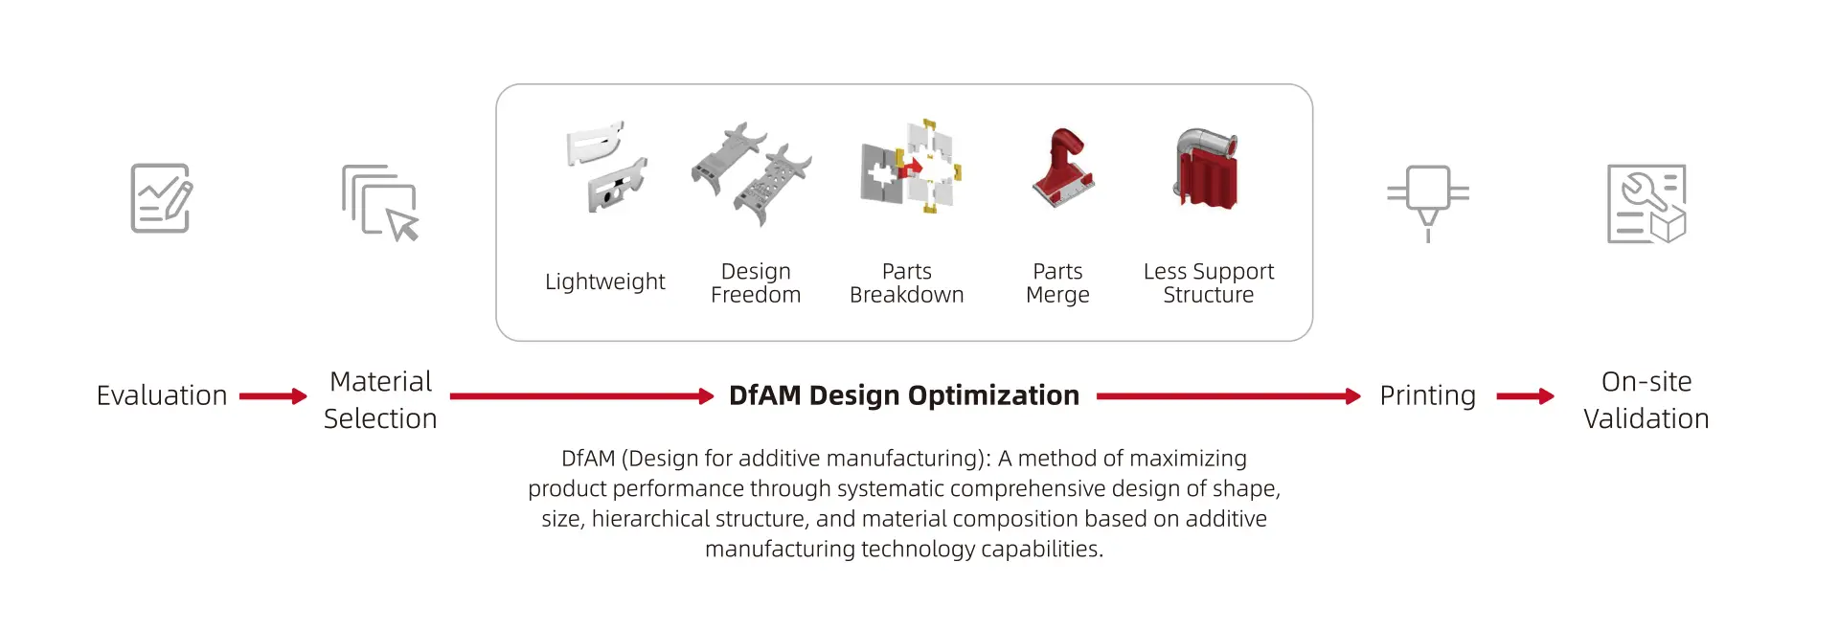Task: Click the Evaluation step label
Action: click(162, 395)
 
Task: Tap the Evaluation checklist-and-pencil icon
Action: click(161, 198)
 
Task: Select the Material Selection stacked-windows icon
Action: click(380, 202)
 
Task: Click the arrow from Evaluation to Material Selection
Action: click(273, 396)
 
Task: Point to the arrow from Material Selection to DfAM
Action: click(582, 396)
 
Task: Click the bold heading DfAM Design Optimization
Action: click(904, 395)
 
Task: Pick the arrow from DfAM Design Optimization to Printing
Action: click(1229, 396)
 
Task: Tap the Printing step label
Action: click(1427, 396)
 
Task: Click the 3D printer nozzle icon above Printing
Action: click(1428, 203)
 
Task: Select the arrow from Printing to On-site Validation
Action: click(1526, 396)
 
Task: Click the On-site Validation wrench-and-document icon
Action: click(1646, 203)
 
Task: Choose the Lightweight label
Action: click(605, 281)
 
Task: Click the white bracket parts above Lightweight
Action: click(606, 167)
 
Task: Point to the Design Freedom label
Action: click(756, 283)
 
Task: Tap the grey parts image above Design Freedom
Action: click(752, 173)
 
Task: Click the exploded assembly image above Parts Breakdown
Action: click(911, 167)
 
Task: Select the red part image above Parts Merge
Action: click(1063, 168)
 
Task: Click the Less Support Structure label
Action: click(1209, 283)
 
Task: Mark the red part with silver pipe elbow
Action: click(1207, 169)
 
